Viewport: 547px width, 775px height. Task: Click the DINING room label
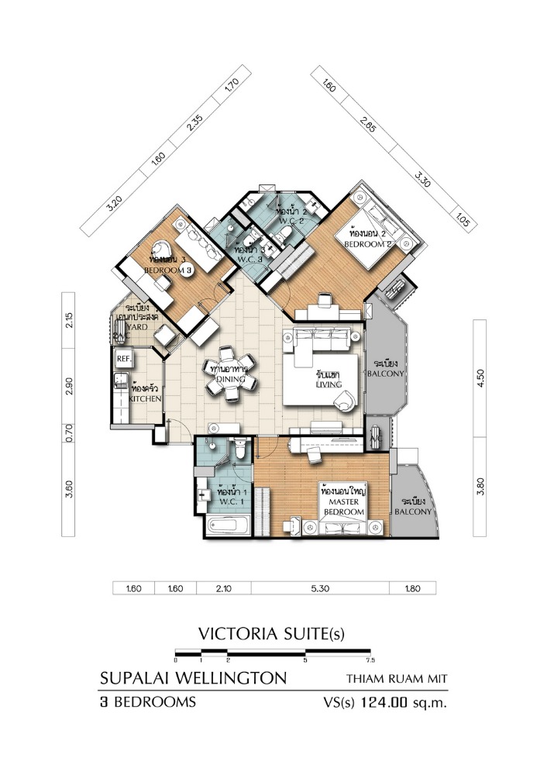pos(230,381)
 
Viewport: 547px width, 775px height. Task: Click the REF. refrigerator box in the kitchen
pos(122,360)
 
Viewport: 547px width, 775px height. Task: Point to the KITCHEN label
pos(145,398)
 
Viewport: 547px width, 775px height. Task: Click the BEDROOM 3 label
pos(168,270)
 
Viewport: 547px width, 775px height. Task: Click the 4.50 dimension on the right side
pos(480,377)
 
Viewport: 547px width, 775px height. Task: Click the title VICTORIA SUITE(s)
pos(271,633)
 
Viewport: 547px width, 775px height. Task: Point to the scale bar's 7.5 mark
pos(370,660)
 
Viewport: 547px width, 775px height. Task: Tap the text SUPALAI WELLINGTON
pos(193,679)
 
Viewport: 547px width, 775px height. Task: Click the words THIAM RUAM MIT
pos(397,680)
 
